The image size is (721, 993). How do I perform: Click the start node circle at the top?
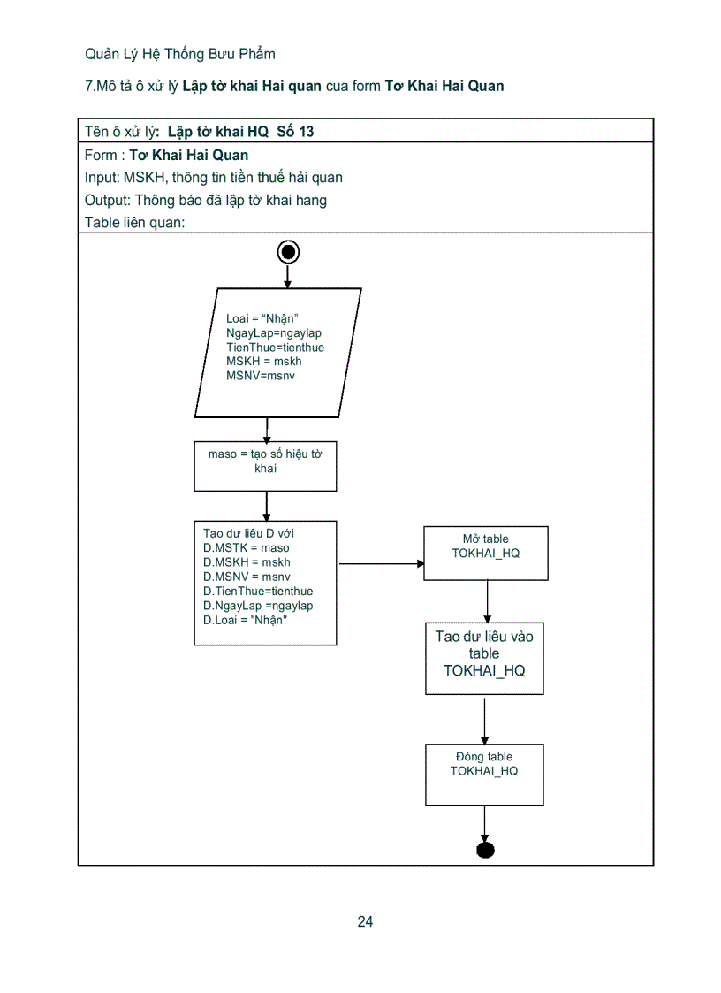pyautogui.click(x=287, y=252)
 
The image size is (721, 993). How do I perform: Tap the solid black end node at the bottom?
pyautogui.click(x=485, y=850)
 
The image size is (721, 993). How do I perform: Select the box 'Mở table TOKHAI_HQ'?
pyautogui.click(x=485, y=553)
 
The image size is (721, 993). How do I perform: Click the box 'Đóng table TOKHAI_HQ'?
pyautogui.click(x=484, y=774)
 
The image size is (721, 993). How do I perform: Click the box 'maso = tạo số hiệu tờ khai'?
pyautogui.click(x=265, y=466)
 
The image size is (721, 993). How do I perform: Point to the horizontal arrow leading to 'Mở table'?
pyautogui.click(x=380, y=563)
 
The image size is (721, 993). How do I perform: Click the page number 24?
pyautogui.click(x=365, y=921)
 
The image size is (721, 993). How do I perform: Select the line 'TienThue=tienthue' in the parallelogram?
pyautogui.click(x=275, y=348)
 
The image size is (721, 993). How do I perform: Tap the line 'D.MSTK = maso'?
pyautogui.click(x=246, y=548)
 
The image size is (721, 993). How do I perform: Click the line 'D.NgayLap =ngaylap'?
pyautogui.click(x=258, y=606)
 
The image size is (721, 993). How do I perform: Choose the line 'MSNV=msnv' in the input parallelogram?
pyautogui.click(x=261, y=376)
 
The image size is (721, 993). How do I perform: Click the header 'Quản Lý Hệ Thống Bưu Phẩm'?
pyautogui.click(x=180, y=54)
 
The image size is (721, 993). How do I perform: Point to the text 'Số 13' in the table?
pyautogui.click(x=295, y=132)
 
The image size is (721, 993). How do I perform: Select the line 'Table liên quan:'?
pyautogui.click(x=134, y=223)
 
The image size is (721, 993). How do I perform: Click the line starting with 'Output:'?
pyautogui.click(x=206, y=200)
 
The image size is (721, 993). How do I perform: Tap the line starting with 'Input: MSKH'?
pyautogui.click(x=214, y=177)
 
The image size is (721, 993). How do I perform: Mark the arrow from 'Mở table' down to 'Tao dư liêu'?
pyautogui.click(x=486, y=601)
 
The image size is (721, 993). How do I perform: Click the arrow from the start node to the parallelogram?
pyautogui.click(x=287, y=276)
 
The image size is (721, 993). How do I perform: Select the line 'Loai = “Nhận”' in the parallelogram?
pyautogui.click(x=262, y=318)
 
